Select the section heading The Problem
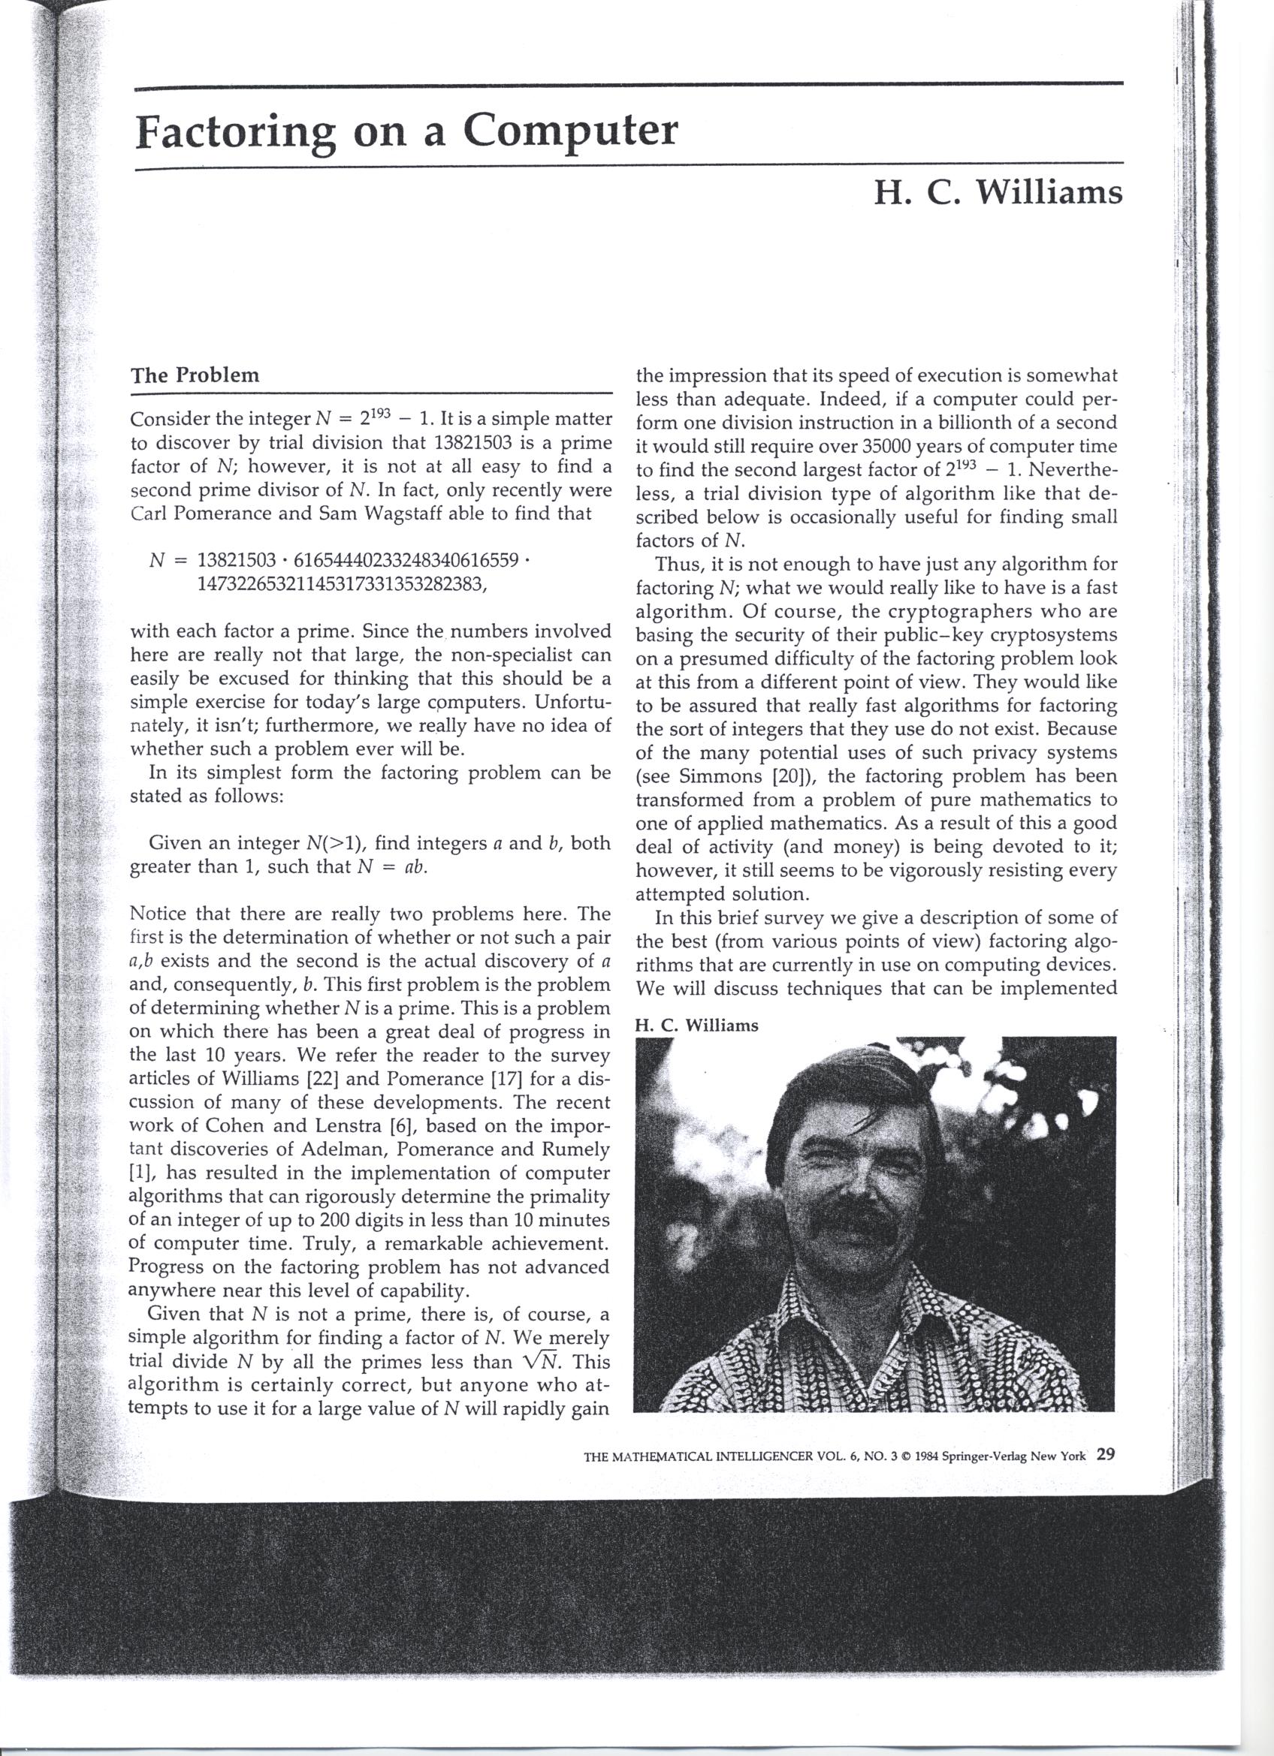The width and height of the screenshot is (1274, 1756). click(195, 375)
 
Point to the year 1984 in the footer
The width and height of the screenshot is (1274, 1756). click(928, 1456)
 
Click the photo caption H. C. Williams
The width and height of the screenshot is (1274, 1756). click(696, 1026)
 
